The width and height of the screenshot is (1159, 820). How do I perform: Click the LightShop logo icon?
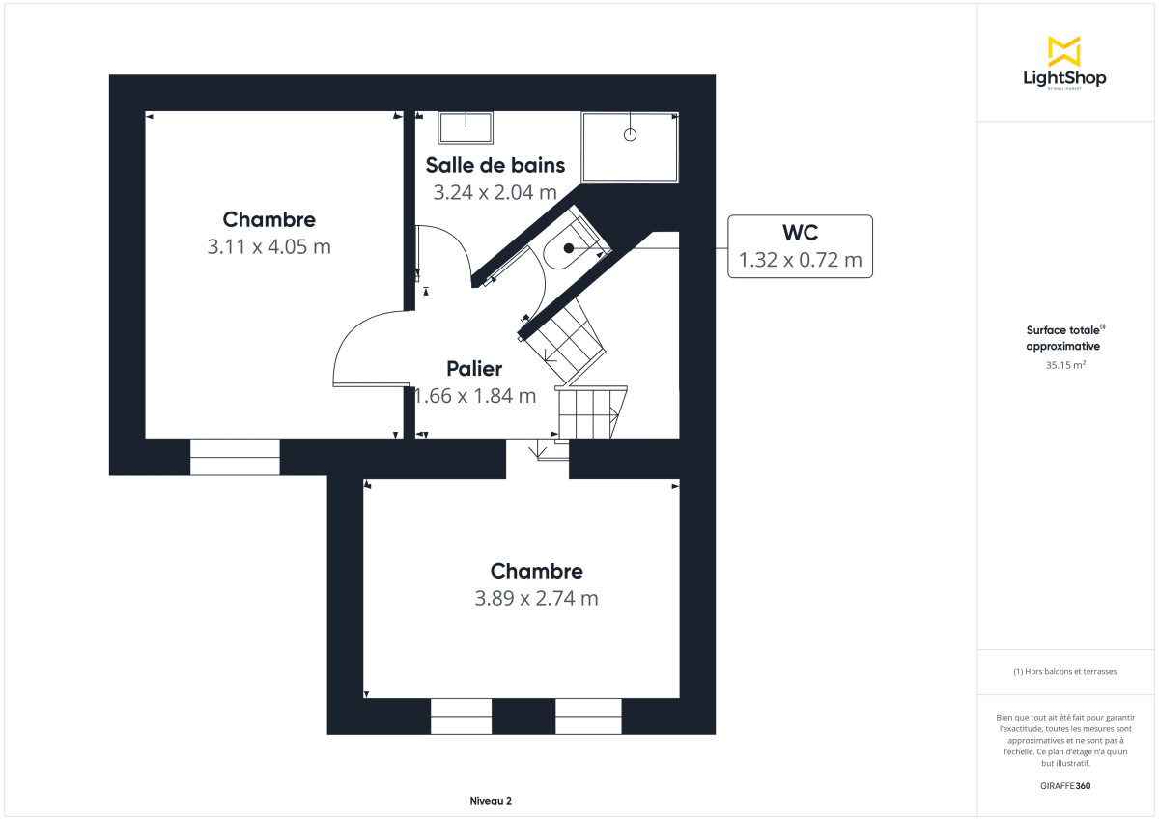(x=1063, y=51)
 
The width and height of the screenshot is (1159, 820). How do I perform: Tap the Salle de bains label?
(x=495, y=165)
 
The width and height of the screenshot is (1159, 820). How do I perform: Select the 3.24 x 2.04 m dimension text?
(x=495, y=192)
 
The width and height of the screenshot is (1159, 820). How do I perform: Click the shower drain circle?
(x=631, y=135)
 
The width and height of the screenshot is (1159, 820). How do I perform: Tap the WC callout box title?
(x=800, y=234)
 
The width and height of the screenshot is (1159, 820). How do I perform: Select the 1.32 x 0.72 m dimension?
(x=800, y=260)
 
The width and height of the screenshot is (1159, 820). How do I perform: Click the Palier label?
(x=474, y=368)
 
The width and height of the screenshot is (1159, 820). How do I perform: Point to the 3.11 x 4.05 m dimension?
(x=269, y=246)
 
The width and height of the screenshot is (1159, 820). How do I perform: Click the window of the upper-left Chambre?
(x=235, y=457)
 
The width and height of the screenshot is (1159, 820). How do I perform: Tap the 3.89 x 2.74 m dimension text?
(x=536, y=598)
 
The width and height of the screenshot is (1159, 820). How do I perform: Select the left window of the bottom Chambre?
(x=461, y=716)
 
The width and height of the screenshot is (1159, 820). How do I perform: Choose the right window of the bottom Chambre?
(x=588, y=716)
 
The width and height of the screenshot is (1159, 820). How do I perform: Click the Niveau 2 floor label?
(x=491, y=801)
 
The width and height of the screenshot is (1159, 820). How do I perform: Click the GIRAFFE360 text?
(x=1063, y=786)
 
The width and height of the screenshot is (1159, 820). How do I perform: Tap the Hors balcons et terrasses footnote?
(x=1063, y=671)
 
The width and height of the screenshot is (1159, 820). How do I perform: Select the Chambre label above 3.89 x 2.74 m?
(x=536, y=571)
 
